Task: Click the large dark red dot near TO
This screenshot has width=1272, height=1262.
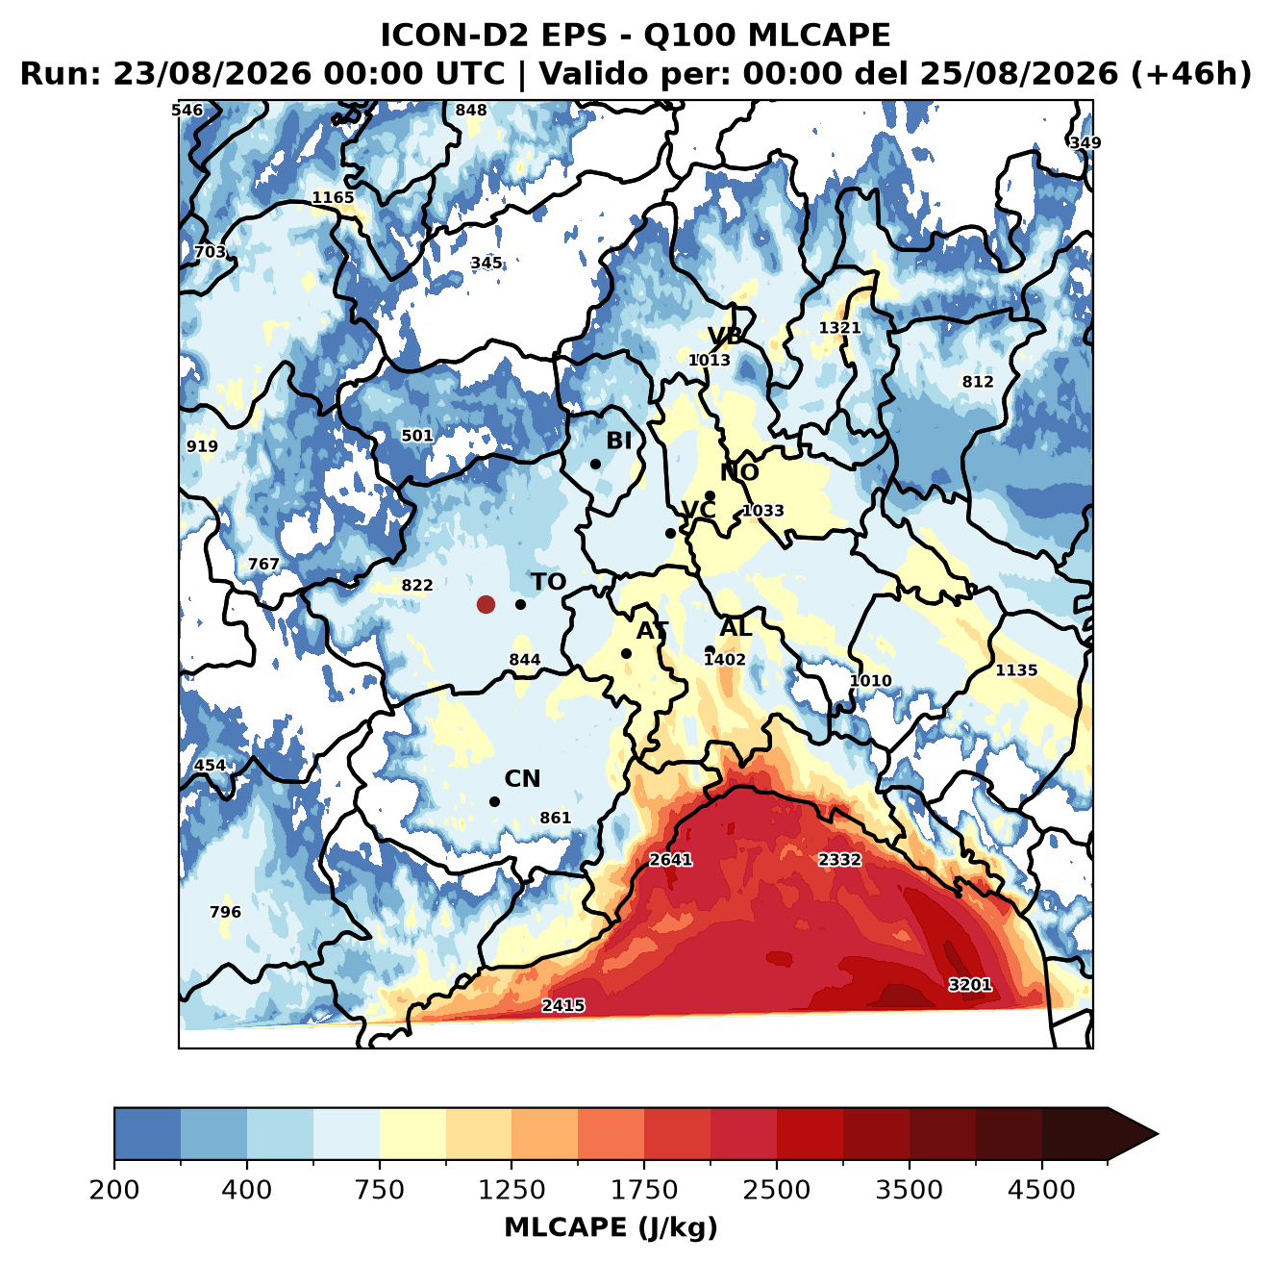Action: (x=486, y=604)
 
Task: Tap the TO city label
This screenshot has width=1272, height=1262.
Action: (x=549, y=583)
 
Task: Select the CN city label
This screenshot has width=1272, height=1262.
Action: (x=522, y=779)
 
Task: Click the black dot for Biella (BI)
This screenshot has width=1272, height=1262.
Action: (x=595, y=465)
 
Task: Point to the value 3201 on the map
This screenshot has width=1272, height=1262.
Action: (x=970, y=985)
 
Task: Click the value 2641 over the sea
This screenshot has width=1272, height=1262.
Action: (x=671, y=860)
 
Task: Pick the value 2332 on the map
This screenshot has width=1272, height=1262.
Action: (x=839, y=860)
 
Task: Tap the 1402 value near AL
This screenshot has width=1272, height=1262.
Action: (x=725, y=660)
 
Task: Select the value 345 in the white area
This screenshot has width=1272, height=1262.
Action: (x=486, y=264)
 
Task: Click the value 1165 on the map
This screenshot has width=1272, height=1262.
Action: (x=333, y=198)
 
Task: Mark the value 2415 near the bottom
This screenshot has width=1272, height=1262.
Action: (x=563, y=1006)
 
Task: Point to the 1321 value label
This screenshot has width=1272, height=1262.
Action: (x=839, y=328)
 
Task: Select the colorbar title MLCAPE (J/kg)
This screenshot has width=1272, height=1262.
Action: (x=611, y=1227)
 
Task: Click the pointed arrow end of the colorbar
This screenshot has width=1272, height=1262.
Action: (x=1158, y=1135)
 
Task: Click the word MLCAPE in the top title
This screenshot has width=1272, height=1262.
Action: (x=819, y=35)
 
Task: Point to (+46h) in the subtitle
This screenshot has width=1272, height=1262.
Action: (x=1191, y=74)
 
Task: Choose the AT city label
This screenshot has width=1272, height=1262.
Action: (x=652, y=631)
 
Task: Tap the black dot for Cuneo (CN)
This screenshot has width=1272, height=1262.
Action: (x=494, y=801)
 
